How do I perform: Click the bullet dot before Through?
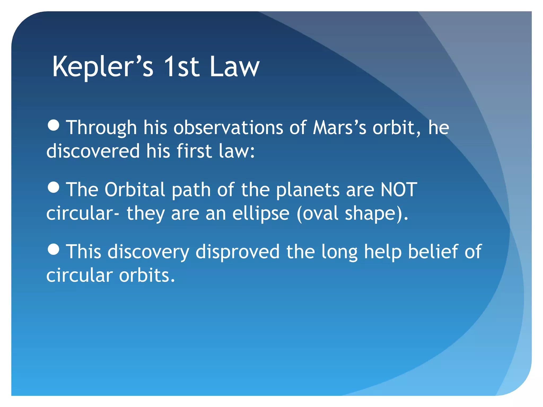click(54, 125)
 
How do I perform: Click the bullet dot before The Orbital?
click(54, 187)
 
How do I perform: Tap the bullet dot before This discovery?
click(54, 249)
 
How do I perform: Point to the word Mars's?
click(339, 128)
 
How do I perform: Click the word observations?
click(228, 128)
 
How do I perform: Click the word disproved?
click(237, 252)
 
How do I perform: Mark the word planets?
click(308, 190)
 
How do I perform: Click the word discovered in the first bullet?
click(93, 151)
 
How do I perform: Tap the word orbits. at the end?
click(147, 276)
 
